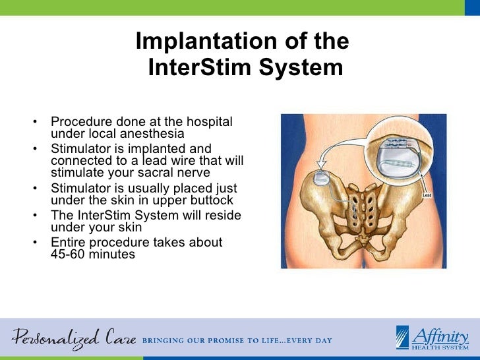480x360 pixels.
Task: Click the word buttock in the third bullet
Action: point(211,200)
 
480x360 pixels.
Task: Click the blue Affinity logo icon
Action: point(403,337)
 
